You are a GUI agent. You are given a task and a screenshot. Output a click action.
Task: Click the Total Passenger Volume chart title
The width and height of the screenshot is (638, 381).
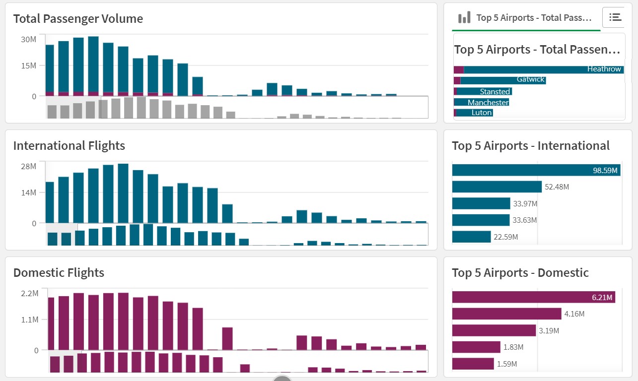78,19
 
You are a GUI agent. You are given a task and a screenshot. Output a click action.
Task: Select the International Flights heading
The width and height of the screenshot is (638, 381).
69,146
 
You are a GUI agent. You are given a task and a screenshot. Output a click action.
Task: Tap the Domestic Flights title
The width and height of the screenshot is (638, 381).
59,273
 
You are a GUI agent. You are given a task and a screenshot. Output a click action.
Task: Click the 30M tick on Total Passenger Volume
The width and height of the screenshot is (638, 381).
28,39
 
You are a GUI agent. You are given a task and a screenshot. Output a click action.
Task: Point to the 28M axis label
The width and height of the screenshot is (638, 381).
28,166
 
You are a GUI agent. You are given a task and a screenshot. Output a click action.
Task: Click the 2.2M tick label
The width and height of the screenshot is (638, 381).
29,293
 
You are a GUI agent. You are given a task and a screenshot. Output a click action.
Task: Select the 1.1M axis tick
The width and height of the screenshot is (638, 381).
29,320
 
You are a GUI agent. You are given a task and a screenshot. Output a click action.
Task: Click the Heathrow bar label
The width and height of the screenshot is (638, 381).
604,69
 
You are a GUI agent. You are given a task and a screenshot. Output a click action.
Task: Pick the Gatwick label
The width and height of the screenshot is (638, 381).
530,79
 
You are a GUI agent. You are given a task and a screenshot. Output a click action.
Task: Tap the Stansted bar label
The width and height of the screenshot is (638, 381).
495,92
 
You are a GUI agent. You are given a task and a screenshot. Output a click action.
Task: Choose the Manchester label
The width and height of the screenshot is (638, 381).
488,103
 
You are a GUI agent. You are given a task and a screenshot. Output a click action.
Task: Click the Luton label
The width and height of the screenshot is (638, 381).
482,113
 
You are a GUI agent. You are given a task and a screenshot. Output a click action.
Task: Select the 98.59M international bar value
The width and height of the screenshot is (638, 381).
605,171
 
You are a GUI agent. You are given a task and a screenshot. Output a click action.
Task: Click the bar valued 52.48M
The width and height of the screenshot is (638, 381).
496,187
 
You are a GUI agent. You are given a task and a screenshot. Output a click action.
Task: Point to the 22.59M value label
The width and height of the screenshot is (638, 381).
506,237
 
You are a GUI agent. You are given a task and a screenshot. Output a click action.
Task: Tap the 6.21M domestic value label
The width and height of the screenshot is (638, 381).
602,298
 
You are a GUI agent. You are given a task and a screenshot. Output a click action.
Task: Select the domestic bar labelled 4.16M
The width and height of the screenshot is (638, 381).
506,314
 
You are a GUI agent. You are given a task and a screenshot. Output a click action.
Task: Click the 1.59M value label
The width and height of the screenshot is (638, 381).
507,364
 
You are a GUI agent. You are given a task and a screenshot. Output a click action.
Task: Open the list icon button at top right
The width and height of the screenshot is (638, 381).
615,17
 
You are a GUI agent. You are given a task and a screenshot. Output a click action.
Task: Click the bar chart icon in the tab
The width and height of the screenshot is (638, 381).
464,18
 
